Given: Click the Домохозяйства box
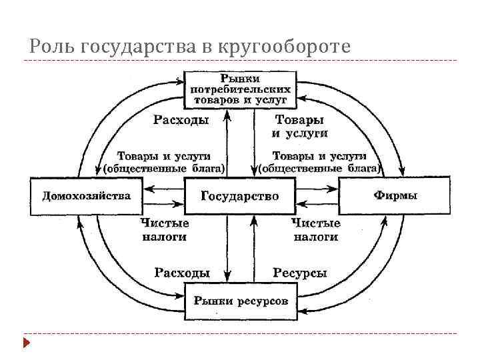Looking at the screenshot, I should pyautogui.click(x=87, y=196).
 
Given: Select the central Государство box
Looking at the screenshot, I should pyautogui.click(x=239, y=196).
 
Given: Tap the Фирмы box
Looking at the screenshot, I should pyautogui.click(x=395, y=196).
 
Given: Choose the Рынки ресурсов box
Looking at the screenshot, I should pyautogui.click(x=241, y=301).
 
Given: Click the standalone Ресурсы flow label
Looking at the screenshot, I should pyautogui.click(x=299, y=273).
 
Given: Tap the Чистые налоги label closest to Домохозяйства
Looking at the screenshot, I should pyautogui.click(x=164, y=229).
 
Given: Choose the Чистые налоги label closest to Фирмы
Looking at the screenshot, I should pyautogui.click(x=316, y=229).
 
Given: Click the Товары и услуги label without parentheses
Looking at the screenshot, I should pyautogui.click(x=299, y=126).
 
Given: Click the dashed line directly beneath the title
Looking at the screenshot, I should pyautogui.click(x=240, y=61).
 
